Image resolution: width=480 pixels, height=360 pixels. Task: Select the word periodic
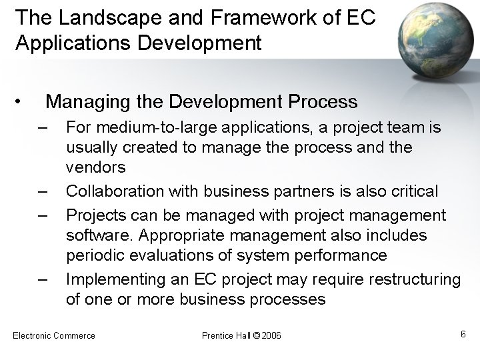coord(92,256)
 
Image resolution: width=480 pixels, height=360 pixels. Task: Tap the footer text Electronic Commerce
coord(54,335)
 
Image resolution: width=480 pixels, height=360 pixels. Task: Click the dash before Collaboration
coord(43,191)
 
